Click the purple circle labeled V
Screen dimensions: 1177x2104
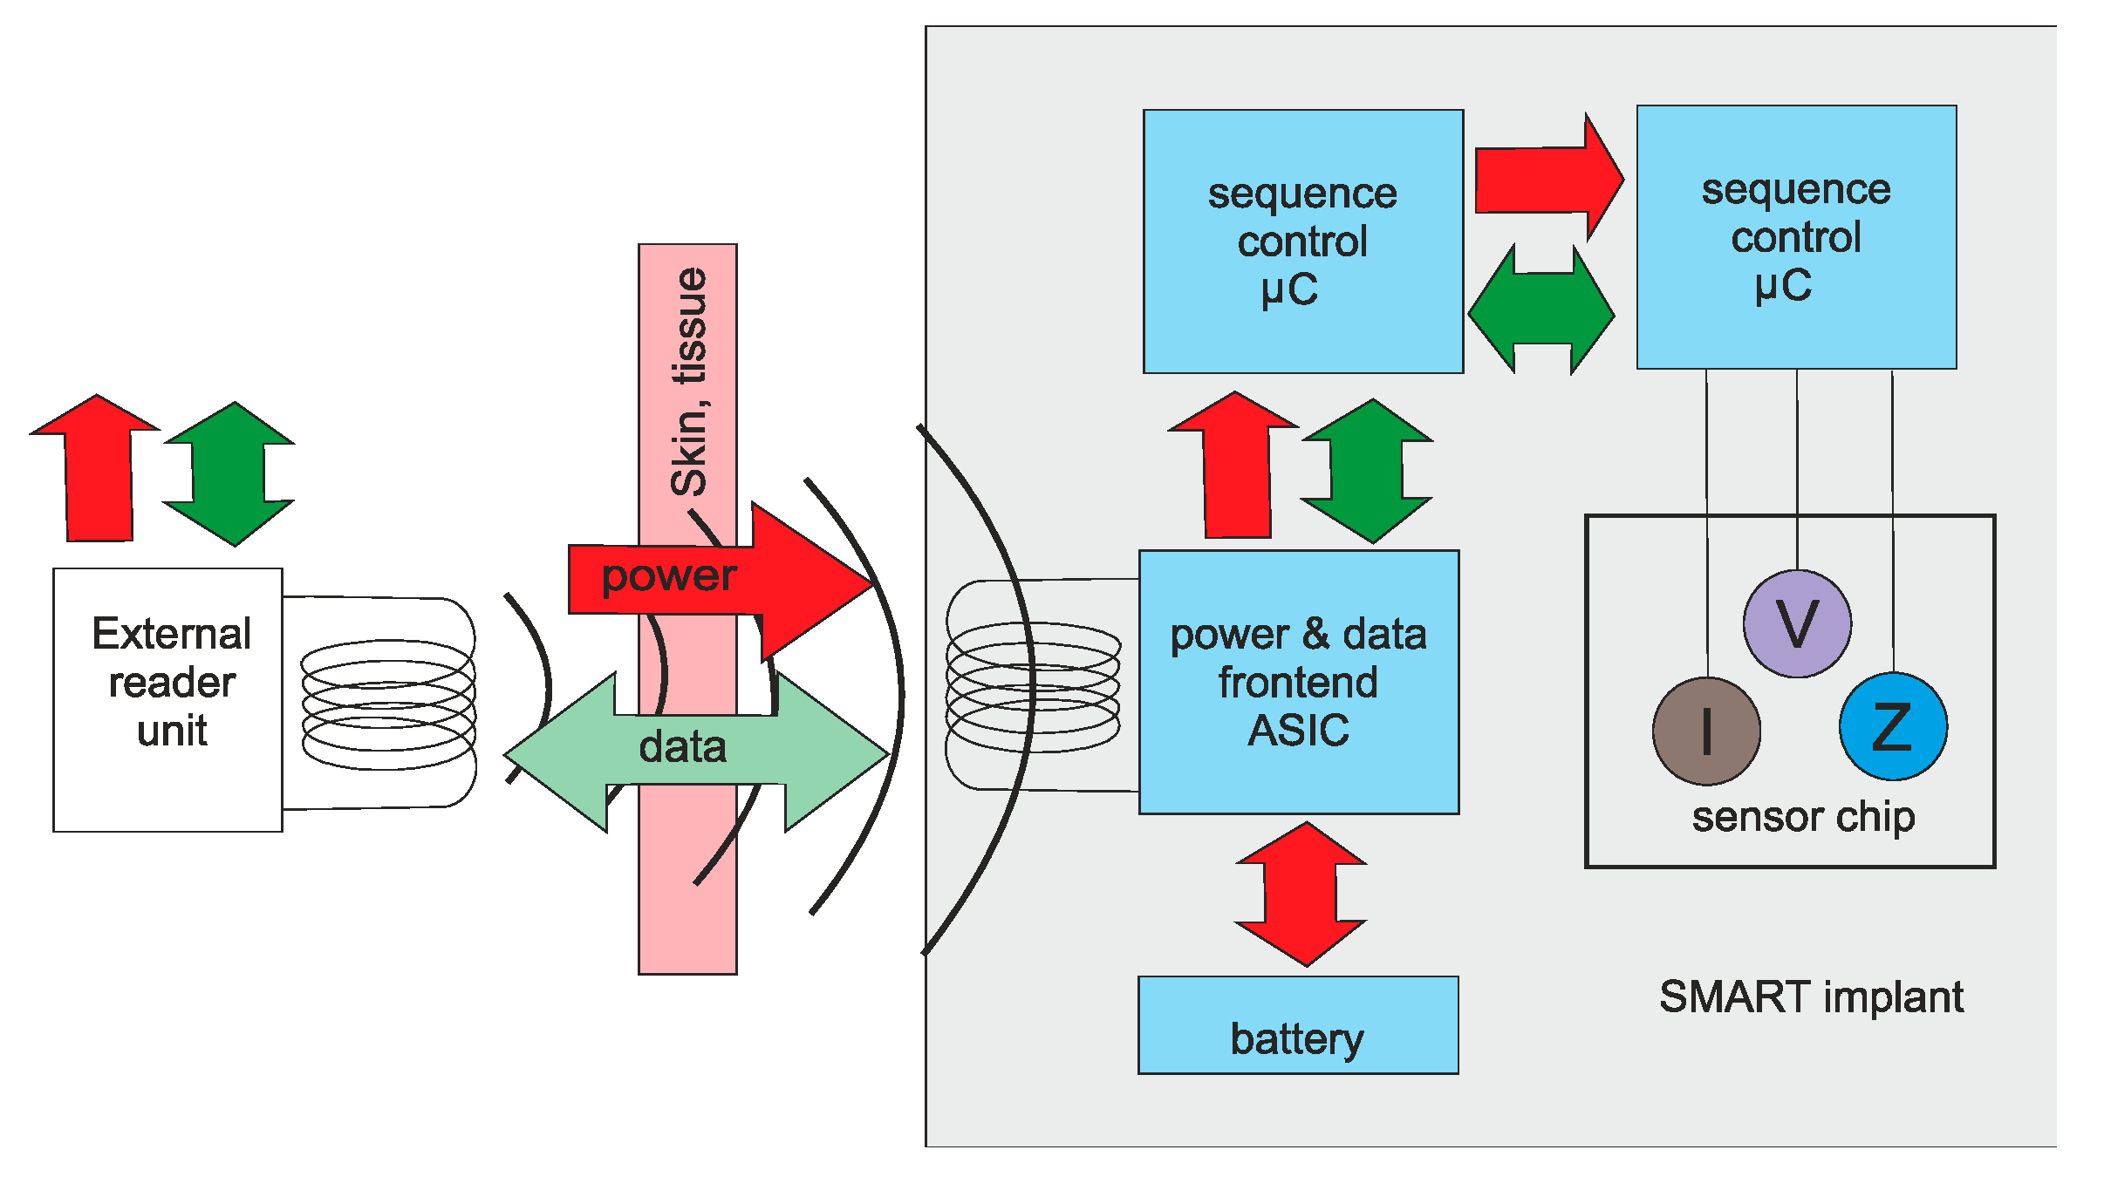[1797, 624]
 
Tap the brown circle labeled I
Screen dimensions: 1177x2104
[1706, 731]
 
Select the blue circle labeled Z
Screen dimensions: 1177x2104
[1893, 726]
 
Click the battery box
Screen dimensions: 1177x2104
[1298, 1025]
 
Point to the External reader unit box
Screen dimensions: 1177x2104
[167, 700]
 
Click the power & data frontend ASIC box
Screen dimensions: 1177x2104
[1299, 682]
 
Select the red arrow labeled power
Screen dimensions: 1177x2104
[724, 579]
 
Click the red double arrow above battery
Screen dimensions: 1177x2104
[1301, 894]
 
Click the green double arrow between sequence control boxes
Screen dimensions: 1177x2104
[1541, 310]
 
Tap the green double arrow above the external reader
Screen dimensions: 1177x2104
[230, 473]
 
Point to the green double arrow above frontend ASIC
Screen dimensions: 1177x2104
[1367, 471]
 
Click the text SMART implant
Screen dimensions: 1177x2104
[1811, 997]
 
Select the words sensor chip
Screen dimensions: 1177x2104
[1803, 817]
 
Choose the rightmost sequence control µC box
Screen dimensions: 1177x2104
[1796, 237]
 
